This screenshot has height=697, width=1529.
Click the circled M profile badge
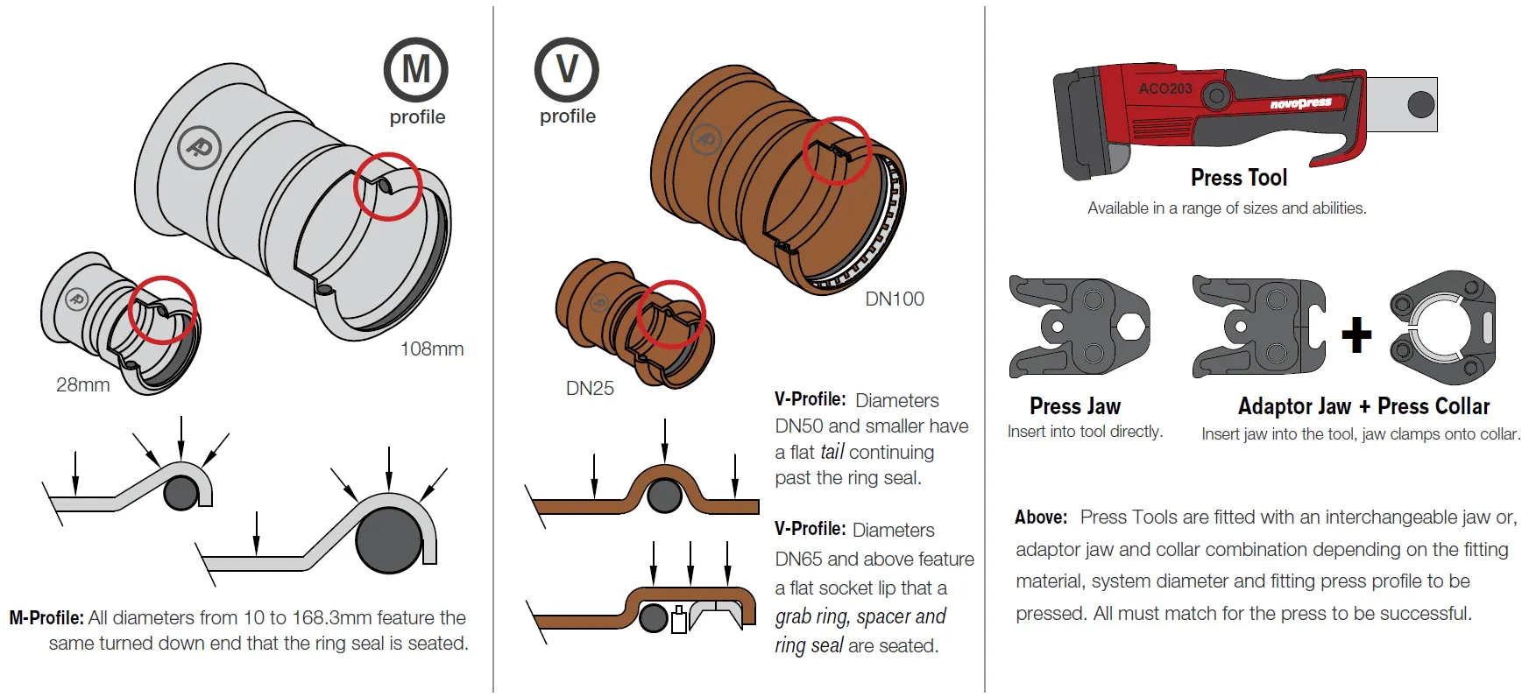(x=415, y=70)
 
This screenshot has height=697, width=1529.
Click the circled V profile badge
(x=566, y=69)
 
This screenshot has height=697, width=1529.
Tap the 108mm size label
(x=432, y=348)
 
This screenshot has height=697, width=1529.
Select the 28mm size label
(x=82, y=384)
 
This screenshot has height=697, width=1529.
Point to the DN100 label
(x=894, y=299)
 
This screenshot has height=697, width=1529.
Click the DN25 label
(x=590, y=388)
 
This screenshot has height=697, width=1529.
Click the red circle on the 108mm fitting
(x=388, y=187)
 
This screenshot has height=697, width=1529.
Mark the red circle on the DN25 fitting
(x=671, y=314)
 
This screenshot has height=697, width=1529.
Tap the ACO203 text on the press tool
(x=1164, y=88)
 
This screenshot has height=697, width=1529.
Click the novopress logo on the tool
(x=1300, y=103)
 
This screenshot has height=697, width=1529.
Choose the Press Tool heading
(x=1238, y=178)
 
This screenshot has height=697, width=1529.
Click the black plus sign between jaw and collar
(x=1356, y=334)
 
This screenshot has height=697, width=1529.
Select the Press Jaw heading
(x=1074, y=406)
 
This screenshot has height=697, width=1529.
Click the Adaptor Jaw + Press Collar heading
(x=1363, y=406)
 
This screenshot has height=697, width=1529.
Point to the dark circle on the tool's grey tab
(x=1420, y=105)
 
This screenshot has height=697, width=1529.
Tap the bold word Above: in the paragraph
(x=1040, y=517)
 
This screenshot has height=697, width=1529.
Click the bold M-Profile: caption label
(x=46, y=617)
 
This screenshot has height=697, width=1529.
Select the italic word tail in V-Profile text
(x=832, y=452)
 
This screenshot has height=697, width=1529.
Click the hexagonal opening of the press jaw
(x=1130, y=327)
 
